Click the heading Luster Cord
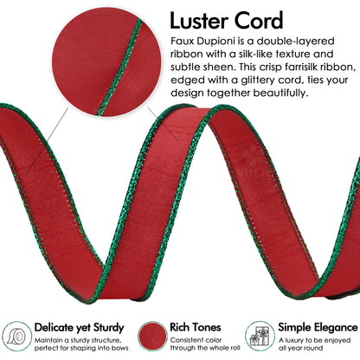tap(227, 21)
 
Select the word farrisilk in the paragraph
tap(306, 67)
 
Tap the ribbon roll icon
tap(17, 337)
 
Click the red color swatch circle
tap(152, 337)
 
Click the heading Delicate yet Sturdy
tap(79, 328)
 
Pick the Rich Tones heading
tap(196, 327)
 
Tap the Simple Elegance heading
tap(318, 327)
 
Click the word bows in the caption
tap(120, 348)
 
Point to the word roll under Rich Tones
tap(234, 348)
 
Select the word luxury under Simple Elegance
tap(295, 340)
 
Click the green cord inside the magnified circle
tap(120, 67)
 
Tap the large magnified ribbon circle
tap(106, 62)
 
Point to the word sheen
tap(220, 67)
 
